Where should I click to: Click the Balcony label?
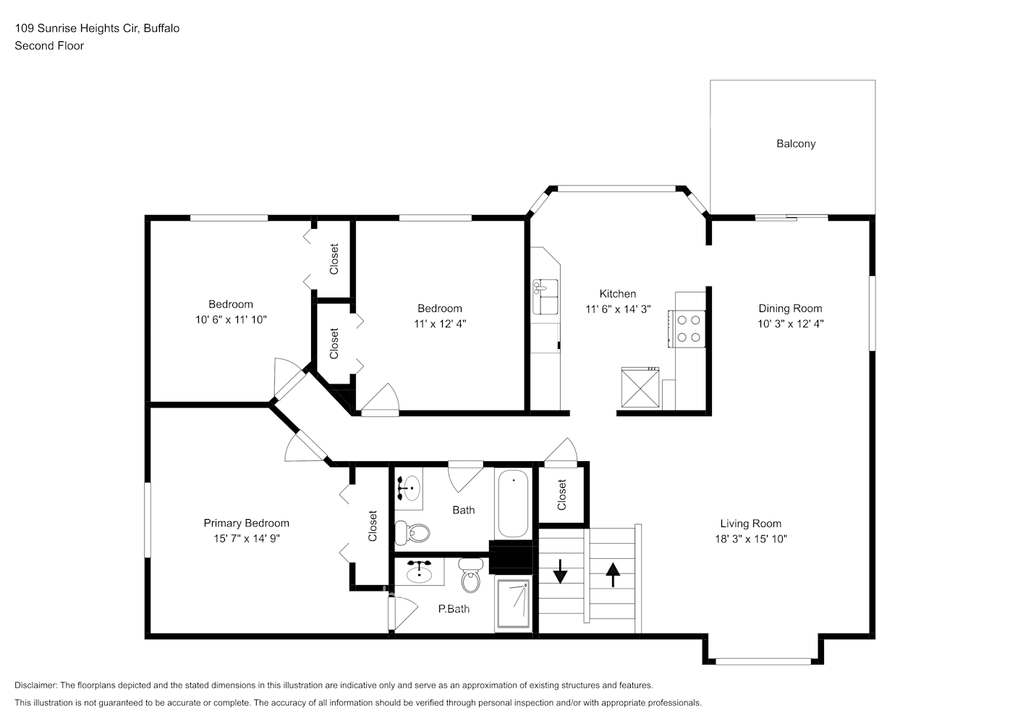(796, 144)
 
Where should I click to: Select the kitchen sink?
(546, 296)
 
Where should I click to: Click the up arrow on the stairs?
(613, 575)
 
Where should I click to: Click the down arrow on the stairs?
(560, 572)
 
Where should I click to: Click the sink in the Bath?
(409, 487)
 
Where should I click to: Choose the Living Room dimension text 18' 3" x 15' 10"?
(750, 539)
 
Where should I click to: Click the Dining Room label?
(790, 308)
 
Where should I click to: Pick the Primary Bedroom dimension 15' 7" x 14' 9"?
(246, 539)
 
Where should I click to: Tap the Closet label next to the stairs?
(562, 494)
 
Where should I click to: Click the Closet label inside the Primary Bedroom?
(373, 526)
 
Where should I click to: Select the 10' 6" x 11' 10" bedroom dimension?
(231, 319)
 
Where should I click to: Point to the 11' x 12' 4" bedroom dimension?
(439, 324)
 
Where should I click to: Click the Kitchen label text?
(618, 294)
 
